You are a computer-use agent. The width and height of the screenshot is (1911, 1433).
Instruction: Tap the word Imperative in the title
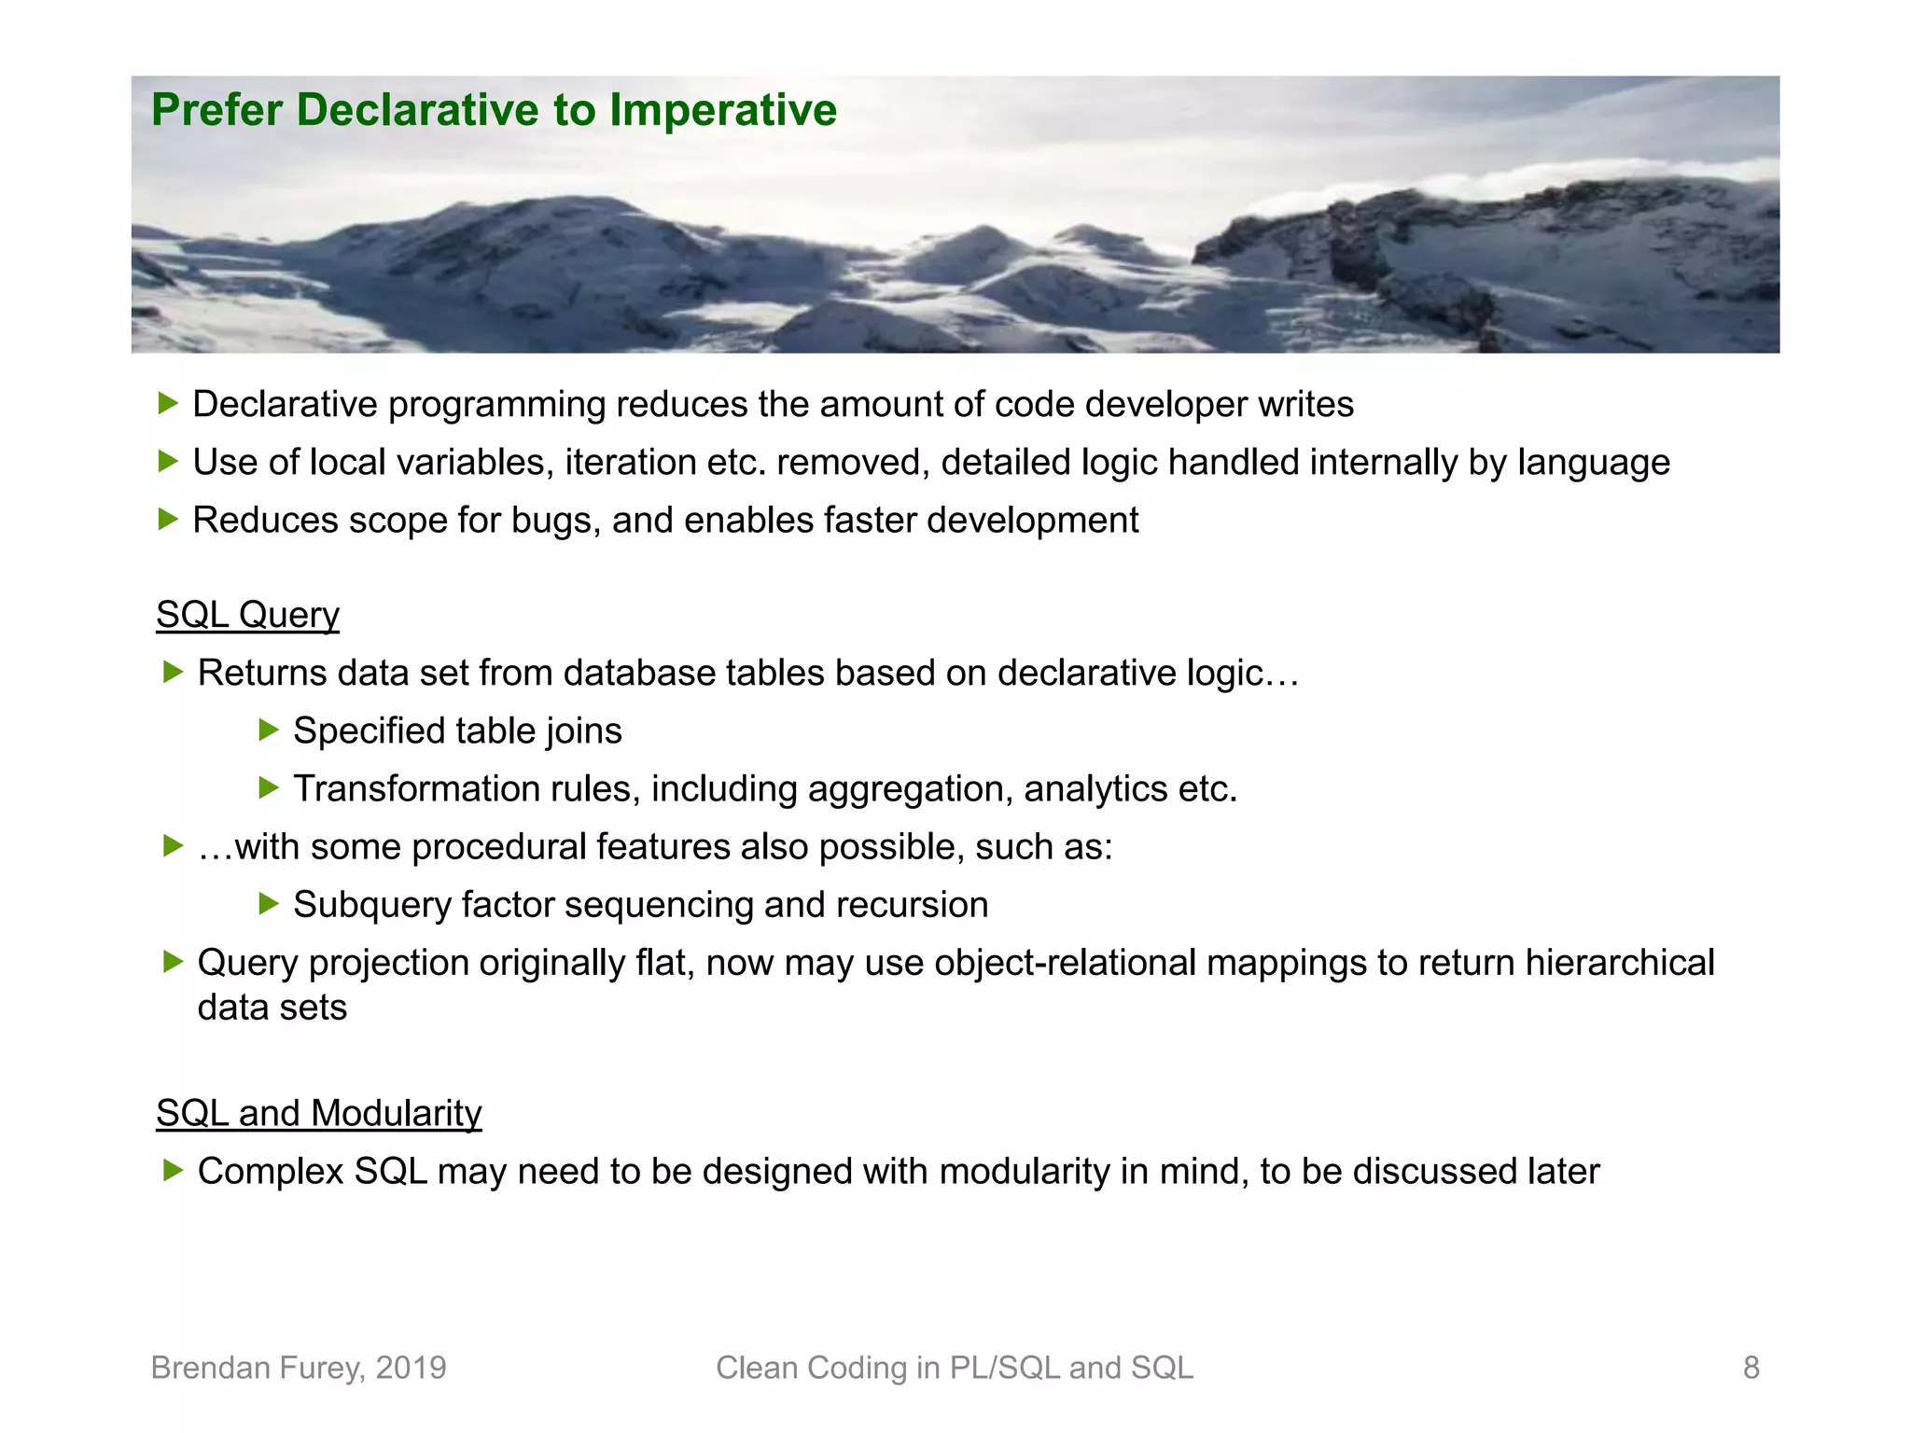tap(723, 110)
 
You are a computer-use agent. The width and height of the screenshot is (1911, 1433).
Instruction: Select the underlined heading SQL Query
tap(247, 615)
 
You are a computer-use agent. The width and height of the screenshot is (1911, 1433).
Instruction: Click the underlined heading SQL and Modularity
tap(318, 1113)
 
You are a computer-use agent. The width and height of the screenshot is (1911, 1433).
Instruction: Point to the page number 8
tap(1751, 1368)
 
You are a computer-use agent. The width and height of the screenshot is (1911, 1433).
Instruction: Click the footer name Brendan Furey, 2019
tap(299, 1368)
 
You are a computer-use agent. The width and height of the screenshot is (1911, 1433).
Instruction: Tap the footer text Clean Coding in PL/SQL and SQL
tap(954, 1368)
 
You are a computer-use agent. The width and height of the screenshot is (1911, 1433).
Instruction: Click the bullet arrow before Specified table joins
tap(269, 730)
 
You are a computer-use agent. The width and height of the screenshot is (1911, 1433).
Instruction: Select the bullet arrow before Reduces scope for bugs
tap(168, 519)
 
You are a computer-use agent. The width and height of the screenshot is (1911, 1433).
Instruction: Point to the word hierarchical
tap(1620, 963)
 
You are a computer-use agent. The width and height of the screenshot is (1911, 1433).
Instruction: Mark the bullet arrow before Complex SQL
tap(173, 1170)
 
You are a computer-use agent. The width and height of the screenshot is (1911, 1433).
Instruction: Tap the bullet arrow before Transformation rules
tap(269, 788)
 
